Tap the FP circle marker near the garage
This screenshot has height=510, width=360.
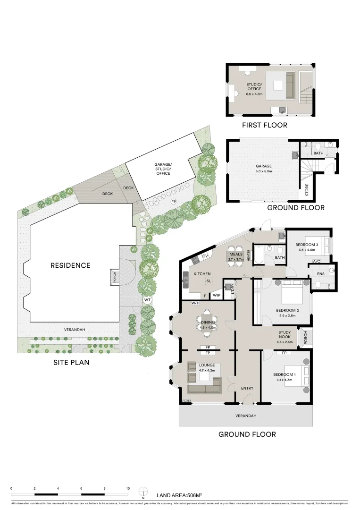173,202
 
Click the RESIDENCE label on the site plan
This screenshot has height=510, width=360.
70,265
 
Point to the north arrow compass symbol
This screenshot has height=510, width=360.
142,493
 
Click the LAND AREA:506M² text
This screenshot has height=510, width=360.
179,495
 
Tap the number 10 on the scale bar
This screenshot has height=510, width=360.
128,489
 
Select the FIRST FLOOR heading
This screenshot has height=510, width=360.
264,125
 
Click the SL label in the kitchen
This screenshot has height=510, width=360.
208,281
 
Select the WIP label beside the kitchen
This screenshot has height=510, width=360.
217,295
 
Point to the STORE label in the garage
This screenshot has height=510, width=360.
307,189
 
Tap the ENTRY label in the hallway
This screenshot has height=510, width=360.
247,388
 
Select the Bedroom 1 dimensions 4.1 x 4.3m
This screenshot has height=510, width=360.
283,380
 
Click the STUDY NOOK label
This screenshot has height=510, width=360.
284,335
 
